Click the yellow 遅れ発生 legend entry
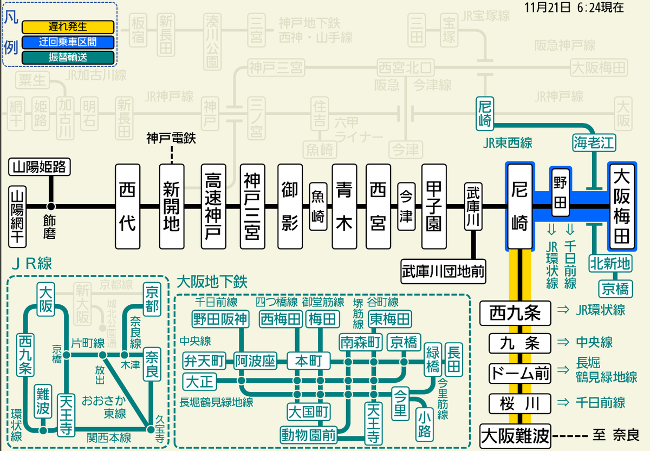click(67, 27)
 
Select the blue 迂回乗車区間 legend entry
click(67, 42)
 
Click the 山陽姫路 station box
click(40, 167)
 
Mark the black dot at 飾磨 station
click(51, 206)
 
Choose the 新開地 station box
click(171, 206)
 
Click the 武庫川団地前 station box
click(443, 269)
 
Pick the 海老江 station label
click(595, 143)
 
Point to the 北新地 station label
click(610, 264)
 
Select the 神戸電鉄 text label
click(171, 139)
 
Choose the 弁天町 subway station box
click(204, 360)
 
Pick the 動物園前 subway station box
click(308, 434)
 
